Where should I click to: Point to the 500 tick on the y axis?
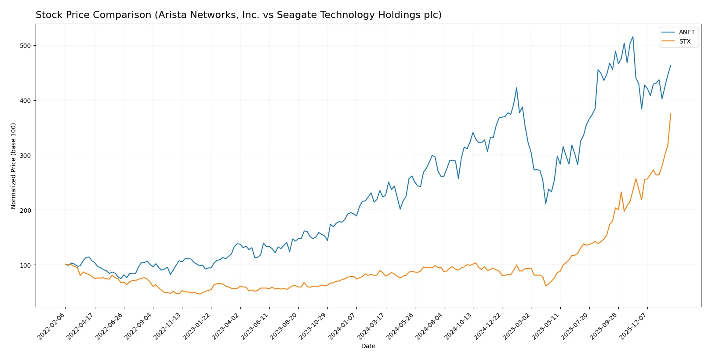tap(25, 46)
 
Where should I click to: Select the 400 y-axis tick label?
tap(25, 101)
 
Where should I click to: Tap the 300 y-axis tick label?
tap(25, 156)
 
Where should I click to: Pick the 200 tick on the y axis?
tap(25, 211)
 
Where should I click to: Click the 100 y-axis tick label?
tap(25, 265)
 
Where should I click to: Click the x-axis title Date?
tap(368, 346)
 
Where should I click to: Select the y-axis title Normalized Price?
tap(14, 166)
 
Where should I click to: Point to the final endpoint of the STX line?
tap(671, 114)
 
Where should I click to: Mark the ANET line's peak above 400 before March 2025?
tap(516, 87)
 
